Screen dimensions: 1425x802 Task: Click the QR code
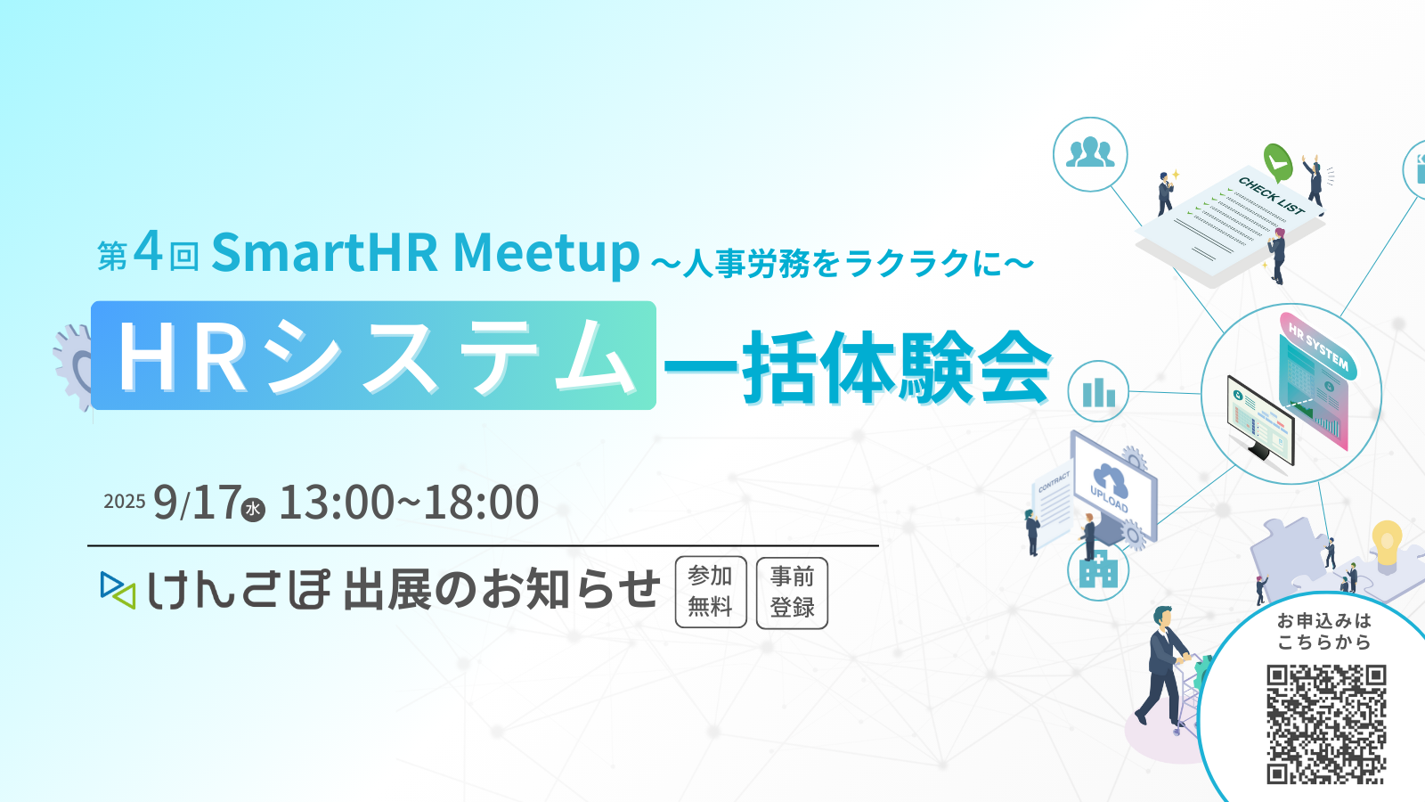[1326, 724]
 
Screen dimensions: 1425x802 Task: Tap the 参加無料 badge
[711, 592]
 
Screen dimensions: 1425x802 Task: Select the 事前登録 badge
[792, 593]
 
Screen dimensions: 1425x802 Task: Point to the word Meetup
[546, 252]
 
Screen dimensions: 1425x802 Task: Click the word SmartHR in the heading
[324, 252]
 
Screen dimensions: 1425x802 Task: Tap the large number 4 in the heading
[148, 250]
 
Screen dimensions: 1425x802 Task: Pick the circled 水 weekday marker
[253, 509]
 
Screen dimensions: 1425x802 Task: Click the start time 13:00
[337, 503]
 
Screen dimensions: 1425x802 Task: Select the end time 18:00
[482, 503]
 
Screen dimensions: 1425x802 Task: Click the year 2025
[125, 502]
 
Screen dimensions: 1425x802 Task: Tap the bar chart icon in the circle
[1099, 392]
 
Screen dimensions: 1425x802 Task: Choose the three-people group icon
[1090, 153]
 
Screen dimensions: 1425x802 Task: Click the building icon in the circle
[1098, 570]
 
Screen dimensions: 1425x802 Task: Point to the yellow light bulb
[1387, 545]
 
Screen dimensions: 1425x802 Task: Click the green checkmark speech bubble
[1277, 162]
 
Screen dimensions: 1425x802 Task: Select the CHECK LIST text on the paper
[1271, 195]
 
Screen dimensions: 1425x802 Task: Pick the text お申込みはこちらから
[1324, 631]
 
